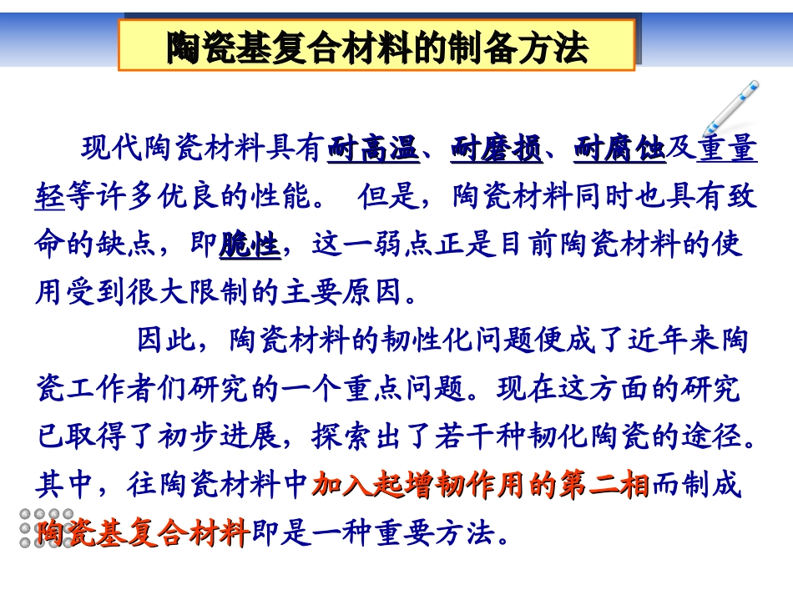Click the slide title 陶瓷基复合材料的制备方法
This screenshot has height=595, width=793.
pyautogui.click(x=376, y=48)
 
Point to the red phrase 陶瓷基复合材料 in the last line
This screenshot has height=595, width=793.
pyautogui.click(x=142, y=532)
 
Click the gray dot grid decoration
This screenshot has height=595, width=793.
pyautogui.click(x=46, y=528)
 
